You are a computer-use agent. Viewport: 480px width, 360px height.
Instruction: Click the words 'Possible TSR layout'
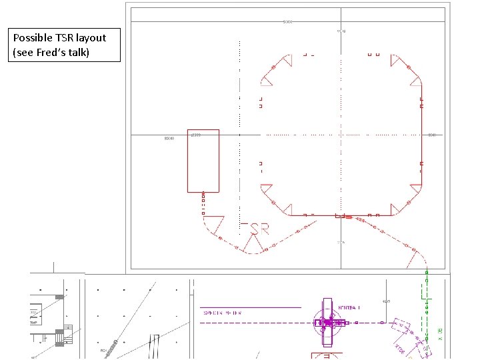[x=59, y=38]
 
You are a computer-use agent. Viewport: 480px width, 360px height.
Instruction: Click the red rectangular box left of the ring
[x=203, y=161]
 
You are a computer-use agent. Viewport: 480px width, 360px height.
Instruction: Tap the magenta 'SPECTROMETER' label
[x=222, y=312]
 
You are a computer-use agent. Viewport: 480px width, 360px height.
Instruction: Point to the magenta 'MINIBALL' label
[x=349, y=307]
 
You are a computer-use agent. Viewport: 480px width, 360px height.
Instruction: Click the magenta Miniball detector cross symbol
[x=327, y=323]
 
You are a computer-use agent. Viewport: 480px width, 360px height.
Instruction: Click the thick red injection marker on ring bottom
[x=341, y=216]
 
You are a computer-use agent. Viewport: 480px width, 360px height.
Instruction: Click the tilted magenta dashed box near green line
[x=401, y=327]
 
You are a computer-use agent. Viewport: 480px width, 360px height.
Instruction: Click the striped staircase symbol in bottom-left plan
[x=59, y=337]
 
